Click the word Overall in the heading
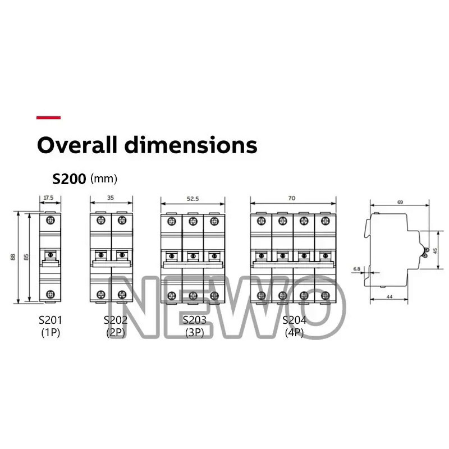tap(77, 145)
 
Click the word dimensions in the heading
tap(191, 145)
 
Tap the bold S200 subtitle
tap(69, 179)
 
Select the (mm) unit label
tap(104, 178)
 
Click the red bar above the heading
tap(48, 117)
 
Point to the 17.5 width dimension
tap(48, 198)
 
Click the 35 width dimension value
tap(111, 198)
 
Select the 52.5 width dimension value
tap(193, 199)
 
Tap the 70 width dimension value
tap(292, 198)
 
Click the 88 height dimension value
tap(13, 257)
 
